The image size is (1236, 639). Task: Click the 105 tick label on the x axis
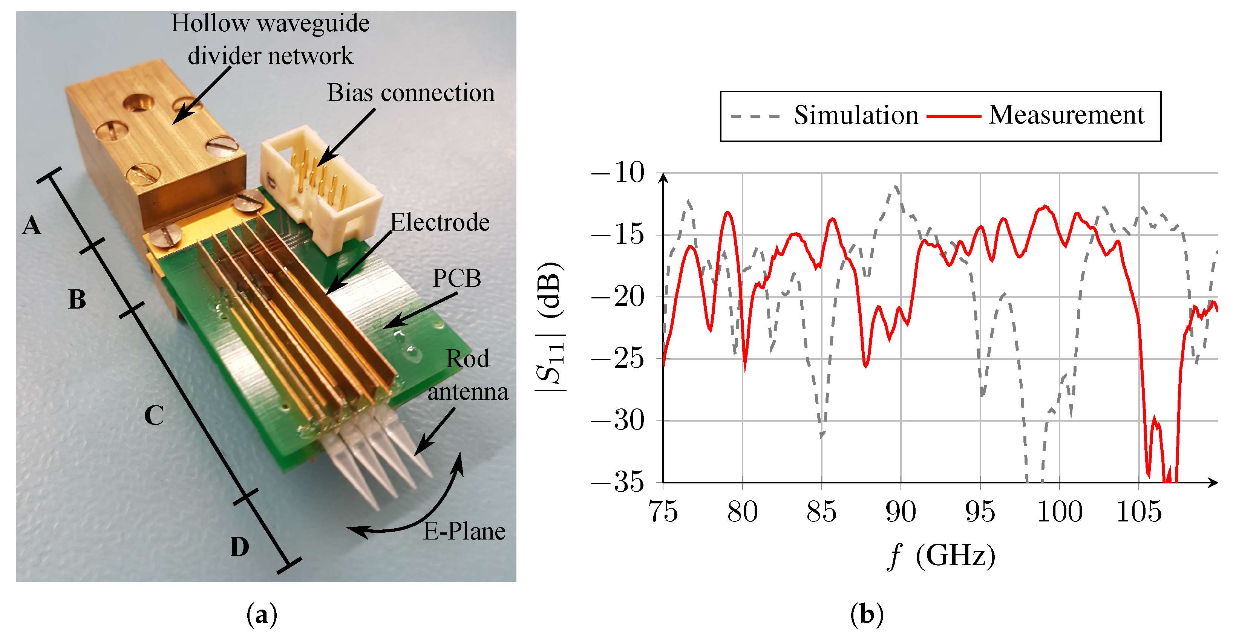click(1139, 512)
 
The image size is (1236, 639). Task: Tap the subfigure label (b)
click(867, 615)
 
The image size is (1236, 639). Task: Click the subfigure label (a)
click(262, 615)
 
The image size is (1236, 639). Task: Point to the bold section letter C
click(154, 416)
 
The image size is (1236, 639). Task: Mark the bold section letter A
click(32, 225)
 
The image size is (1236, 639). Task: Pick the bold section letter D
click(239, 547)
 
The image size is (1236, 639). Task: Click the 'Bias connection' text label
click(411, 93)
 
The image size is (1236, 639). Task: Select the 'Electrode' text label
click(440, 223)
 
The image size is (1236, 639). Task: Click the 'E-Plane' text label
click(464, 532)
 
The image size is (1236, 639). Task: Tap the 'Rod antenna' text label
click(468, 375)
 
